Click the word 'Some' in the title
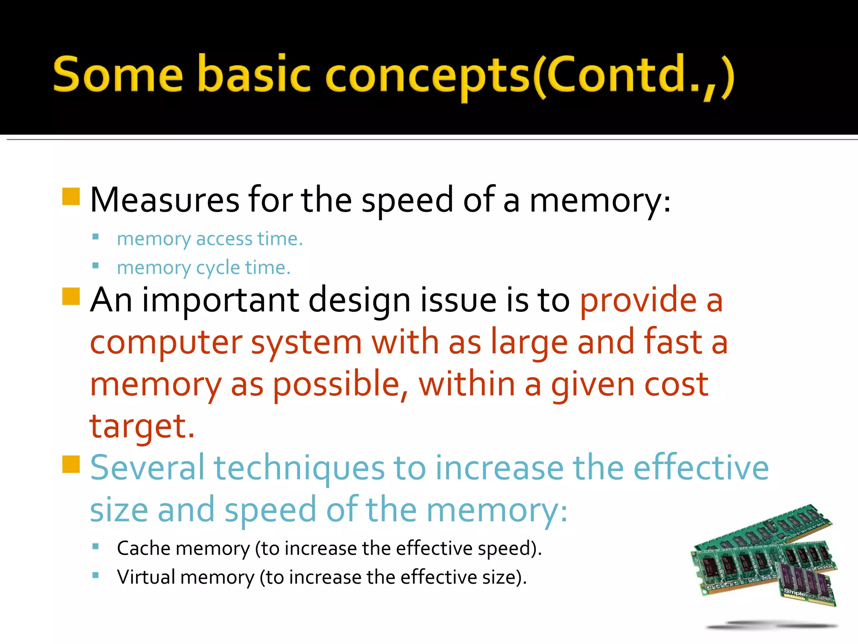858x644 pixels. pos(118,75)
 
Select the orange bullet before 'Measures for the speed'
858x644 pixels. pos(71,196)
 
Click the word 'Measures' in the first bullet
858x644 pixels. pos(165,200)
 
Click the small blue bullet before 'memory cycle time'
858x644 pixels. pos(96,265)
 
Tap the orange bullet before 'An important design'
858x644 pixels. pos(71,296)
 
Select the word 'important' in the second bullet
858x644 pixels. pos(220,300)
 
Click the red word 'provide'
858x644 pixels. pos(638,300)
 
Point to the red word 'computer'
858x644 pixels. pos(166,343)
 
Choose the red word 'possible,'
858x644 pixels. pos(341,385)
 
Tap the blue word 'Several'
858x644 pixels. pos(147,468)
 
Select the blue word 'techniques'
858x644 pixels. pos(299,469)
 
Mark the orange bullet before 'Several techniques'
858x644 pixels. pos(71,464)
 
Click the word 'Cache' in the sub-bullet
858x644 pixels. pos(142,548)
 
